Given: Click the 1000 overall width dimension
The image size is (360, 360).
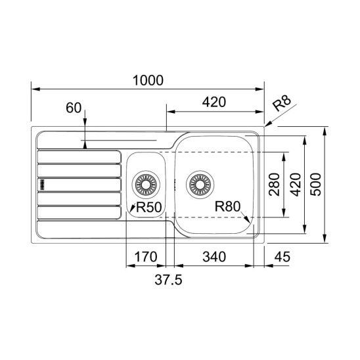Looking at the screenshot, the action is pos(148,80).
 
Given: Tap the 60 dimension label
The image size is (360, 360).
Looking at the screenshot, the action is pos(74,108).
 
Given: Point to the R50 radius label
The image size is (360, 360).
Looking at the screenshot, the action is pos(148,207).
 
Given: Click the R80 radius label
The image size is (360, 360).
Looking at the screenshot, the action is pos(227,206).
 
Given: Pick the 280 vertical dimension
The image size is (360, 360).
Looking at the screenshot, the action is pos(275,185).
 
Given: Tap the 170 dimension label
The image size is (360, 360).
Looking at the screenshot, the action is pos(146,257).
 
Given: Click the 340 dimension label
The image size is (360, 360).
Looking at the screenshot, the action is pos(214,257).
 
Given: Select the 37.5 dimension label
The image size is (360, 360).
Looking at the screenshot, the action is pos(168,280).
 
